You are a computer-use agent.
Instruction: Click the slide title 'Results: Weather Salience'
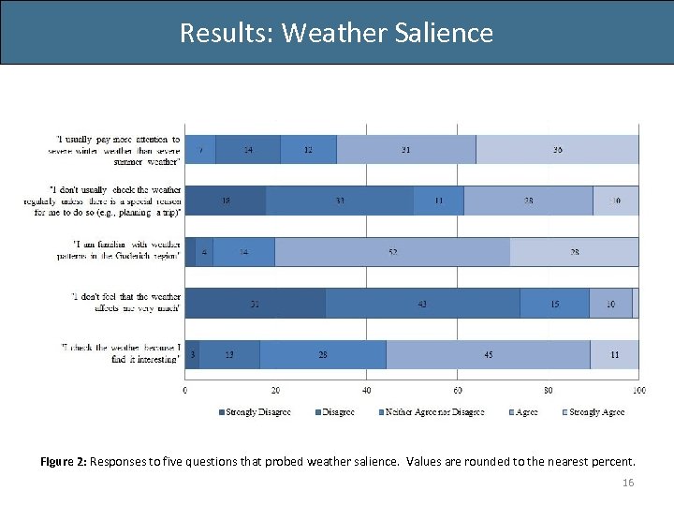(336, 33)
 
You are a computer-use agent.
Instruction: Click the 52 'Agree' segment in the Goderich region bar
(392, 252)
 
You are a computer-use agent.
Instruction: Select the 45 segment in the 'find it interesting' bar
(488, 354)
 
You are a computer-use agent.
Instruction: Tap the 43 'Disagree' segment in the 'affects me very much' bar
(423, 303)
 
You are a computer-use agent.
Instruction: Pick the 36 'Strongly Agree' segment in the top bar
(558, 150)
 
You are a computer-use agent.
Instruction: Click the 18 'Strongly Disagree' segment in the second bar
(226, 201)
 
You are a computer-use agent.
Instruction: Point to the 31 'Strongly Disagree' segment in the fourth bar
(255, 303)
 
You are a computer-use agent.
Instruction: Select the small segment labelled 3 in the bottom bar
(192, 354)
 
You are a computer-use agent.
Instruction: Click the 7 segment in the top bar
(200, 150)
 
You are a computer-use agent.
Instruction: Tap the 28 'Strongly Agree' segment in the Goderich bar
(575, 252)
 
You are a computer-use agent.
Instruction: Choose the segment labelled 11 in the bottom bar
(614, 354)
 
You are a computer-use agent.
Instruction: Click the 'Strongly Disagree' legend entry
(255, 412)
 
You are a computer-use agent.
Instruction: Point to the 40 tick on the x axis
(367, 390)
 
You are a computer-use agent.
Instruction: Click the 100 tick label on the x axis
(638, 390)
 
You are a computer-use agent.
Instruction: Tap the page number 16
(627, 482)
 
